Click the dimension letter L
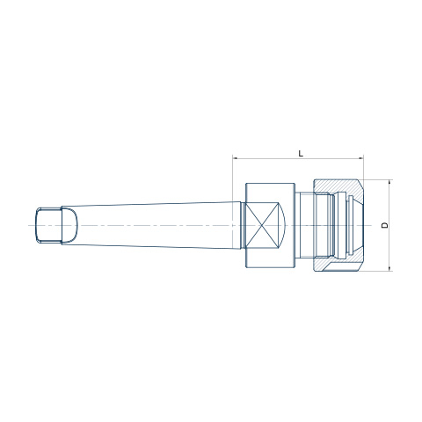[301, 153]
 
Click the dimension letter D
[385, 225]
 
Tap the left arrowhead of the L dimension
[235, 158]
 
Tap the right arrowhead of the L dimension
[361, 158]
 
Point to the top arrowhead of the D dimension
[389, 182]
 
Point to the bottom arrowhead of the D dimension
[389, 269]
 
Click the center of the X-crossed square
[261, 225]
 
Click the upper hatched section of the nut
[338, 187]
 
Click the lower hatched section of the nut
[338, 264]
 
